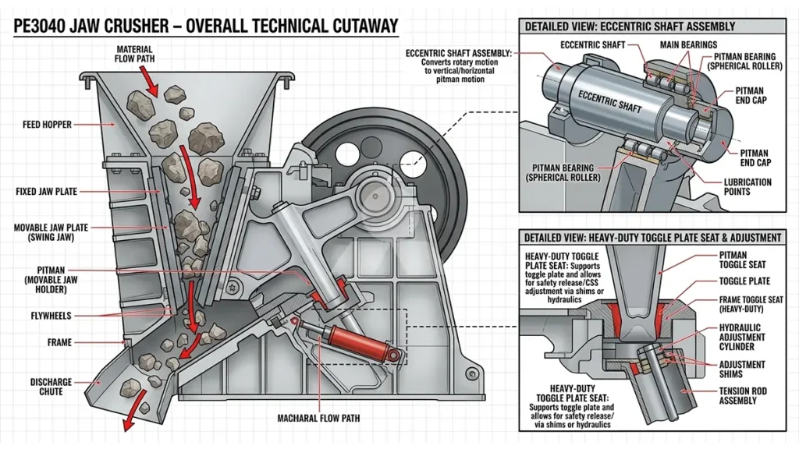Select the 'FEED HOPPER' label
coord(49,124)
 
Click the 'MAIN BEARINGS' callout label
coord(688,45)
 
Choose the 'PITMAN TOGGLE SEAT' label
coord(743,260)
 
